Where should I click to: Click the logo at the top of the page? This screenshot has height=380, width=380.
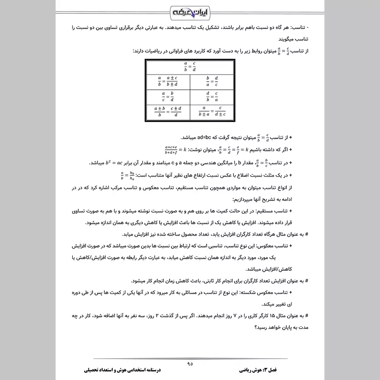coord(190,10)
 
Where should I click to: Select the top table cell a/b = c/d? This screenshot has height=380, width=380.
coord(190,67)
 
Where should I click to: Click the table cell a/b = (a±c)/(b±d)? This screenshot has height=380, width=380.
coord(168,81)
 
